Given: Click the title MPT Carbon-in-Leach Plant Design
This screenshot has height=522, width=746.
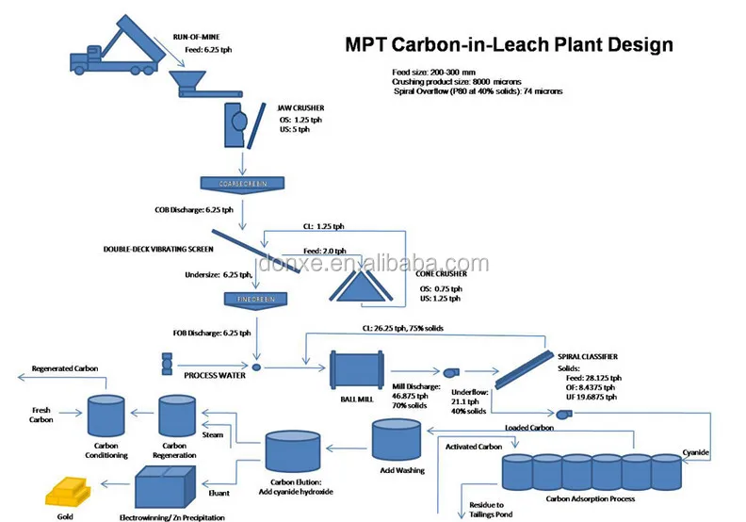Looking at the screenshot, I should (509, 43).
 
